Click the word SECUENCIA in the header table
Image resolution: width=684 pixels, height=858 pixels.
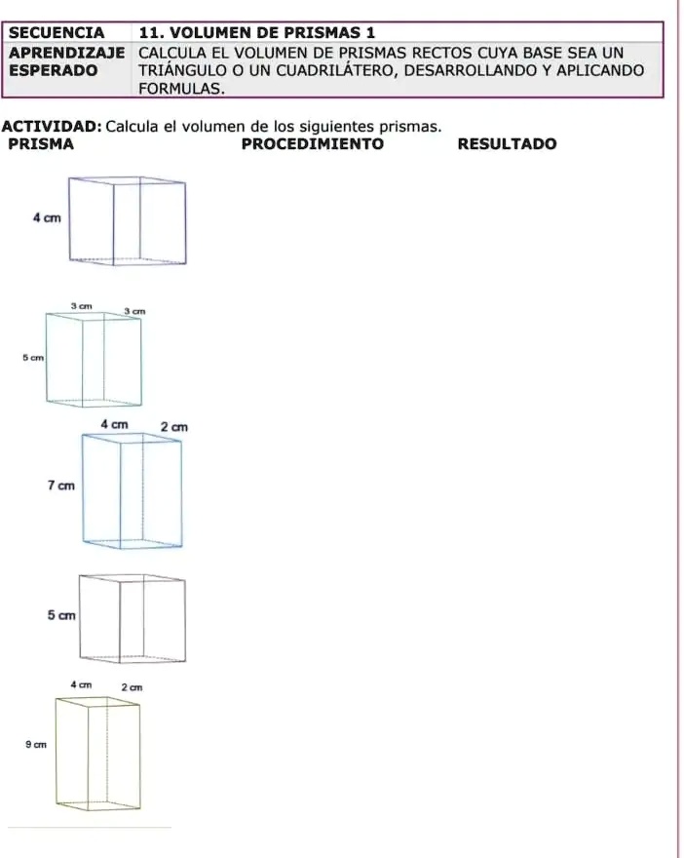point(57,33)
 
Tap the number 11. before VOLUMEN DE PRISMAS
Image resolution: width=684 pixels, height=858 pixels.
point(150,33)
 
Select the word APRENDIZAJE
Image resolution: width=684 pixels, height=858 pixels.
point(66,53)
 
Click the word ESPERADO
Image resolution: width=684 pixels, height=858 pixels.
point(53,70)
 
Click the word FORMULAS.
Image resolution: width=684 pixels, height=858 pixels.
point(181,89)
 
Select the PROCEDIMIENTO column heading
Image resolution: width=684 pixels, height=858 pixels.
point(313,144)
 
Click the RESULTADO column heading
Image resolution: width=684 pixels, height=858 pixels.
point(507,144)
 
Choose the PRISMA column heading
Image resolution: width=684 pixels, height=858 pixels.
point(41,144)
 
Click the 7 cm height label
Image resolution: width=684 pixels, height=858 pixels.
point(61,486)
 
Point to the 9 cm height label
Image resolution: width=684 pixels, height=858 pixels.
point(36,744)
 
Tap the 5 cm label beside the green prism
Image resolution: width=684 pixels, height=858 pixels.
point(33,358)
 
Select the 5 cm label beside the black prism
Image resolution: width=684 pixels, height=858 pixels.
point(61,615)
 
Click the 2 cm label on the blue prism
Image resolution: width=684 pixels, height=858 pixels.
point(174,427)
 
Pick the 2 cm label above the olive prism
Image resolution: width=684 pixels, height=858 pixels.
point(132,687)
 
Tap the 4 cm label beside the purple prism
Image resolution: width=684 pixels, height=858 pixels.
point(47,217)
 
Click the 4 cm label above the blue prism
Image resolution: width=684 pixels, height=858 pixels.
point(114,424)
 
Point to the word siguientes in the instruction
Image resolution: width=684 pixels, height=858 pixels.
point(337,127)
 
